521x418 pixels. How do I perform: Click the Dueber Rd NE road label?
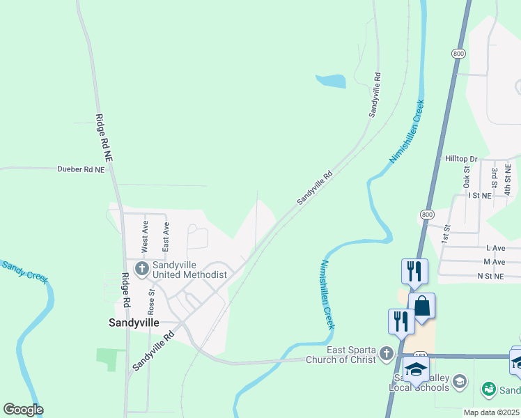[x=80, y=169]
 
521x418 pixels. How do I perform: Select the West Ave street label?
[x=145, y=236]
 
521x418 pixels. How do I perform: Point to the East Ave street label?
[x=166, y=237]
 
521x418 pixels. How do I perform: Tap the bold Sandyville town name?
[x=134, y=323]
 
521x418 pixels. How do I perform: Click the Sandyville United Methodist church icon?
[x=142, y=269]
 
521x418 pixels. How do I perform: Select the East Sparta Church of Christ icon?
[x=387, y=355]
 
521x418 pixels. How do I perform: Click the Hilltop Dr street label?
[x=461, y=159]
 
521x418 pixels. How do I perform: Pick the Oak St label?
[x=466, y=177]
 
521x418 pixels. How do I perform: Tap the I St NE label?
[x=480, y=196]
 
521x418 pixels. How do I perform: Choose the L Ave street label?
[x=496, y=248]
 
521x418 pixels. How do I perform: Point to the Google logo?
[x=23, y=410]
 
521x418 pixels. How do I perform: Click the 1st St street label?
[x=446, y=233]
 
